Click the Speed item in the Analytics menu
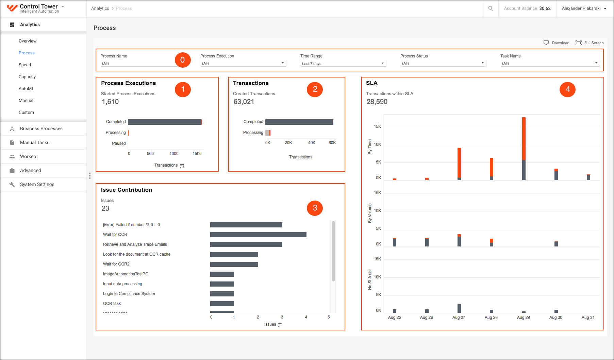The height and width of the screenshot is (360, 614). [25, 65]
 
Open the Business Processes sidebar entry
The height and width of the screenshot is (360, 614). [41, 129]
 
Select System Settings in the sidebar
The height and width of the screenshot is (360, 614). [37, 185]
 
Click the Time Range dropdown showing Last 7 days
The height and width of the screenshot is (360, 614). [343, 64]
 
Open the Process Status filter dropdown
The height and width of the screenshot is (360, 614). [443, 63]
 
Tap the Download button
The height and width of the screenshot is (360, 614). [557, 43]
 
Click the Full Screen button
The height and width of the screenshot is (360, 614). [590, 43]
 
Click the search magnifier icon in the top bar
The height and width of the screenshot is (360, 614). [491, 8]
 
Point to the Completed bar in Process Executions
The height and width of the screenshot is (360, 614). [165, 122]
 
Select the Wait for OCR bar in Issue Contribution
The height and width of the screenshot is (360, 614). [258, 235]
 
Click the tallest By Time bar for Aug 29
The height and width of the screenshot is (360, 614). [524, 149]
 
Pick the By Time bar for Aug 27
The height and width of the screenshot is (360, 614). [459, 164]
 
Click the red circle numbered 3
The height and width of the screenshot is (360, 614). [315, 208]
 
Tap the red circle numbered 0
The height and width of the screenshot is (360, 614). [183, 60]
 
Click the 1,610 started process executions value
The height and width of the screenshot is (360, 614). [110, 102]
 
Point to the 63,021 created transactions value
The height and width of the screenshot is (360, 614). [244, 102]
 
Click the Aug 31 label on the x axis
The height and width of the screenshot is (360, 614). [588, 318]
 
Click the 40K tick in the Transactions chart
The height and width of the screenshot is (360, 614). [312, 143]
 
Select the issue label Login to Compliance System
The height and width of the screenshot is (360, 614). [129, 294]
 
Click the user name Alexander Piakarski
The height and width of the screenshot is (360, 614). [581, 8]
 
